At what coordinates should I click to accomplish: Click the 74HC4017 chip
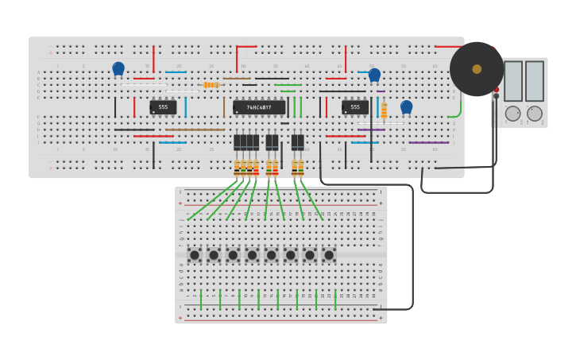(x=259, y=107)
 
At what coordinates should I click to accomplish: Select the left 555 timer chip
(x=163, y=106)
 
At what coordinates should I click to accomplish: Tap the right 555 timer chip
(x=354, y=106)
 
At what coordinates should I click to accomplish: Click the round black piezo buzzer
(x=476, y=69)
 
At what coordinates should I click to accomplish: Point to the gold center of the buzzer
(x=477, y=69)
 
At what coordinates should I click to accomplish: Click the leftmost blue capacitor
(x=118, y=69)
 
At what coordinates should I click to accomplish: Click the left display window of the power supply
(x=513, y=81)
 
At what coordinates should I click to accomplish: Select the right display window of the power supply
(x=535, y=81)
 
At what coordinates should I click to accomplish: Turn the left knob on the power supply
(x=513, y=114)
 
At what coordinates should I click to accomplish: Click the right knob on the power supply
(x=535, y=114)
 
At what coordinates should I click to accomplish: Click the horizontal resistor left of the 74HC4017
(x=211, y=85)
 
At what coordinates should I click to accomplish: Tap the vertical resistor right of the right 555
(x=384, y=110)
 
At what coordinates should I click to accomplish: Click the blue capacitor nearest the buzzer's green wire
(x=406, y=106)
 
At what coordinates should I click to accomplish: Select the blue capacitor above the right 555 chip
(x=374, y=75)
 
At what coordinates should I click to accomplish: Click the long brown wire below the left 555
(x=195, y=130)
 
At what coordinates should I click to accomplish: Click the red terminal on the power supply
(x=497, y=90)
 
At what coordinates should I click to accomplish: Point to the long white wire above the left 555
(x=143, y=85)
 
